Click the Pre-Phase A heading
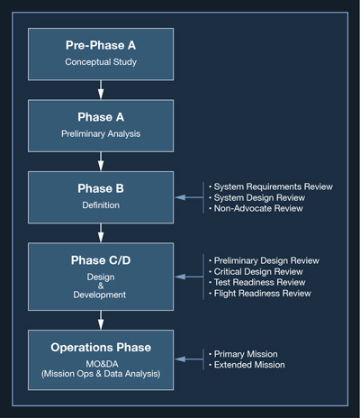click(x=101, y=45)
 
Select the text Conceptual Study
click(x=101, y=62)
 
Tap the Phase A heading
click(x=101, y=117)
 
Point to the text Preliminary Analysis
click(x=101, y=134)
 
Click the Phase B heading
click(x=101, y=189)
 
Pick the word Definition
click(x=101, y=205)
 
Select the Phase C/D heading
click(x=101, y=261)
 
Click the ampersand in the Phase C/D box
click(x=101, y=285)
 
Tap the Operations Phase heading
click(x=101, y=346)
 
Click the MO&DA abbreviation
click(x=101, y=363)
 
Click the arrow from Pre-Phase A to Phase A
click(x=101, y=88)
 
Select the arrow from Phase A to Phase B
click(x=101, y=160)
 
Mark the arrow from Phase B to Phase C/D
click(x=101, y=232)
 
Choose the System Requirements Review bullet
click(x=270, y=186)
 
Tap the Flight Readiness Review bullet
click(x=263, y=293)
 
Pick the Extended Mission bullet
click(x=249, y=365)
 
